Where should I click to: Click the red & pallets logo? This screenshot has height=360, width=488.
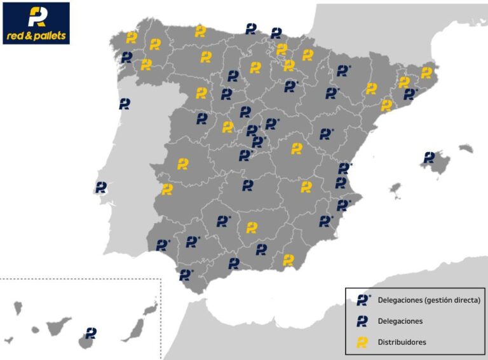tap(36, 23)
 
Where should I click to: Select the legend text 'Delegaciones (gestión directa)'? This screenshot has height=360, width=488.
tap(429, 300)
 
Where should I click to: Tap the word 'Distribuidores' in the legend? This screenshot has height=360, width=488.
tap(402, 342)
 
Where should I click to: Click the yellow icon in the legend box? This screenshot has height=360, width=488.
tap(362, 342)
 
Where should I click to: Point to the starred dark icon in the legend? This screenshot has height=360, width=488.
tap(363, 300)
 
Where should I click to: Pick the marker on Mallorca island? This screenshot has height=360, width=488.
tap(430, 157)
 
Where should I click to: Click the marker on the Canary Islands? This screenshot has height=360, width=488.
tap(91, 333)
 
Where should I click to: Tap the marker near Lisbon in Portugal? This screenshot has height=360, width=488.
tap(101, 187)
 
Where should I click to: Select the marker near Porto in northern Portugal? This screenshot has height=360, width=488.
tap(125, 104)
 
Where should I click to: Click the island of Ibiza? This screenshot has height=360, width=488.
tap(395, 190)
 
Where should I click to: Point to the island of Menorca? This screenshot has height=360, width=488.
tap(466, 148)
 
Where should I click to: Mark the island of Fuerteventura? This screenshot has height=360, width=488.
tap(135, 329)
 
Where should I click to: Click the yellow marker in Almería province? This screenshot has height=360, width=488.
tap(288, 260)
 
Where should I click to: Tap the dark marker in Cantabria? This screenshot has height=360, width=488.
tap(251, 29)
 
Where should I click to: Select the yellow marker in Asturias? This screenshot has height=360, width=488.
tap(200, 31)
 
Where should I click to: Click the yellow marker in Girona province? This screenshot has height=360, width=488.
tap(426, 73)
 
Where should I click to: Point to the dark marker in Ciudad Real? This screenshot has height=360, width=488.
tap(248, 185)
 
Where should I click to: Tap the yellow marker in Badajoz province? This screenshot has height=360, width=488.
tap(167, 189)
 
